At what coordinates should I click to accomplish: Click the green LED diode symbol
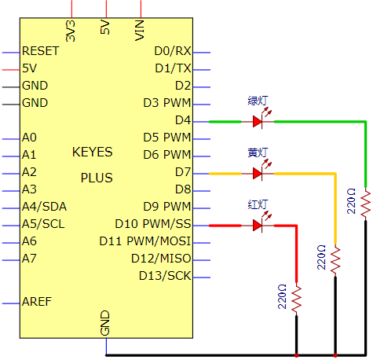(x=258, y=122)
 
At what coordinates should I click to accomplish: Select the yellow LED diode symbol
(x=258, y=174)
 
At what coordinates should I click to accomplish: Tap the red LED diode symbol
(x=258, y=226)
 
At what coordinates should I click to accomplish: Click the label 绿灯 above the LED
(x=258, y=101)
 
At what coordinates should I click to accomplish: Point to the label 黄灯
(x=258, y=152)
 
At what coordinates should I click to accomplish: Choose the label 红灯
(x=258, y=204)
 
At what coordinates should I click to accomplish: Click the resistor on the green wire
(x=366, y=204)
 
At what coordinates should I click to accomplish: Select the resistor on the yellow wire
(x=335, y=261)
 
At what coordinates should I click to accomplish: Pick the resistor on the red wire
(x=296, y=299)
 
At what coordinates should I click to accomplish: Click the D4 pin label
(x=183, y=120)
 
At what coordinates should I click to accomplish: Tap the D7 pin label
(x=183, y=172)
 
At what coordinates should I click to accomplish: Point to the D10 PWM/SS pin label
(x=153, y=224)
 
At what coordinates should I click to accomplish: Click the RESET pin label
(x=41, y=51)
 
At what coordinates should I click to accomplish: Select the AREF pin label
(x=37, y=302)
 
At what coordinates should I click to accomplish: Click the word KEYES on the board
(x=93, y=152)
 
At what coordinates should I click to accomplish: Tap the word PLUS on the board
(x=97, y=178)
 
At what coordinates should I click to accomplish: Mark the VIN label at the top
(x=140, y=31)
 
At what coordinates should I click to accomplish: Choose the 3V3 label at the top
(x=70, y=31)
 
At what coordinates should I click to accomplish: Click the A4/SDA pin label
(x=44, y=207)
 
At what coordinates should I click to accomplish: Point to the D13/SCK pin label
(x=165, y=276)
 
